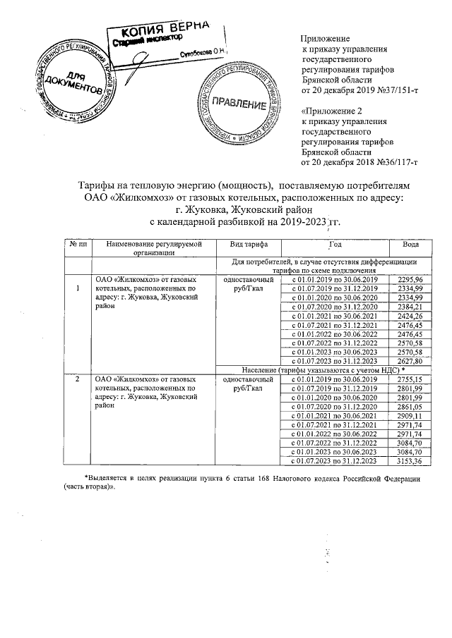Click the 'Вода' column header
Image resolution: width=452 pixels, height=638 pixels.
pos(410,244)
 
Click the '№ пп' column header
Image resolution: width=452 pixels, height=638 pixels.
pos(78,244)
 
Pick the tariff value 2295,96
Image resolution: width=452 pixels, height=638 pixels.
pos(410,279)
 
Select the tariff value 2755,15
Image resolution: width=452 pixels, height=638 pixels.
pos(410,379)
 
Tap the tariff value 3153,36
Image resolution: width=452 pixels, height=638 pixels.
pos(410,461)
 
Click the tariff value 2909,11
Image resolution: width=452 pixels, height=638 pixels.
pos(410,416)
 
